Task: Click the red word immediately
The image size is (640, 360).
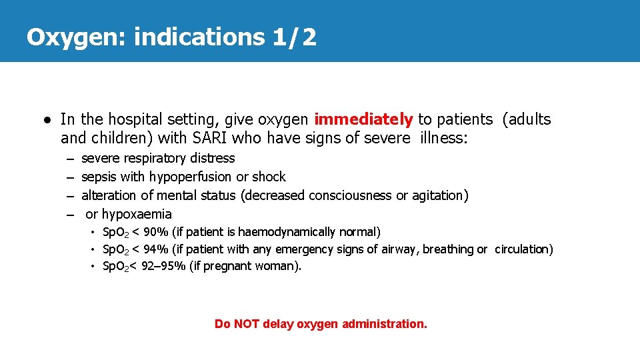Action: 363,119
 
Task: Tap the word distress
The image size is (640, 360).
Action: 212,159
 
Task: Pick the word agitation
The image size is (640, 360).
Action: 439,195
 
